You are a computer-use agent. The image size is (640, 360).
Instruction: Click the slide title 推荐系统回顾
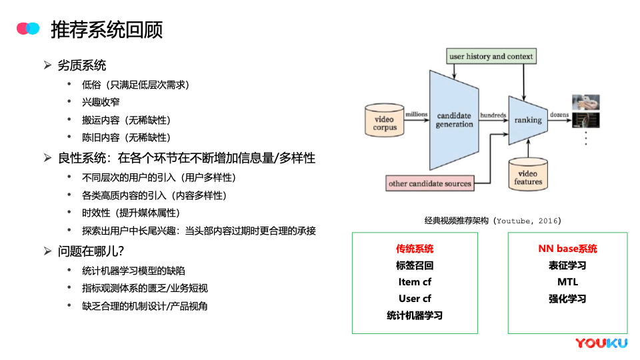107,30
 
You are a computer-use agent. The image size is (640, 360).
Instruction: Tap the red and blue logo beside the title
28,28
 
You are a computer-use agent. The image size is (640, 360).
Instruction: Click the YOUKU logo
601,343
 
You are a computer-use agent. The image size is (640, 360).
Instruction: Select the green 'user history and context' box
491,56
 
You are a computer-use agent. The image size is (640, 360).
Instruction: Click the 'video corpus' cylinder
385,120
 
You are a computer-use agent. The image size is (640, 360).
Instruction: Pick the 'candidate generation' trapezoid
454,120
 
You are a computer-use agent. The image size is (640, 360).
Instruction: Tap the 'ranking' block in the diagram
528,120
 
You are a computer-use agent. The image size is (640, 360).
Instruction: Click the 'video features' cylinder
528,174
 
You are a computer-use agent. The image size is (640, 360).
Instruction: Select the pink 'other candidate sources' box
430,183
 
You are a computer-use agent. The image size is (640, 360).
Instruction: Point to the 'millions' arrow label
416,114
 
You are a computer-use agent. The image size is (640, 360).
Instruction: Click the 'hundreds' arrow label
493,115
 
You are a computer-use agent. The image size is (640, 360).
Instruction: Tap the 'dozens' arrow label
559,115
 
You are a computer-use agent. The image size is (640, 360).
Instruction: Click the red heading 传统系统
415,249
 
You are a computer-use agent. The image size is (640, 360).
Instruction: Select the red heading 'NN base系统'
568,249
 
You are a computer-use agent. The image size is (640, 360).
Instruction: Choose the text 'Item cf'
415,282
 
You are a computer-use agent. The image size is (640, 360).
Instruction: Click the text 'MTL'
568,282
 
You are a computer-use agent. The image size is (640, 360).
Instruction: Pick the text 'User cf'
415,299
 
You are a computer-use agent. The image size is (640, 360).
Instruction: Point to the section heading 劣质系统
81,65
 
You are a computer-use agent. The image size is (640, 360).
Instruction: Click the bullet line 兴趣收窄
101,102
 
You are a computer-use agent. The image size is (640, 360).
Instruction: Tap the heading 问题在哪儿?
91,251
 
